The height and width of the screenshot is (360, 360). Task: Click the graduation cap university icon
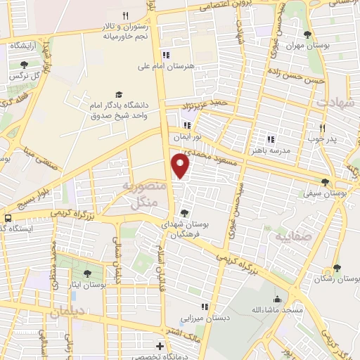coord(118,94)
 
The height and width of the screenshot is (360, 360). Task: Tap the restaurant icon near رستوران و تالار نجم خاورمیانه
coord(125,15)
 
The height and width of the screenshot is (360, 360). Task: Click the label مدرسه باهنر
coord(270,150)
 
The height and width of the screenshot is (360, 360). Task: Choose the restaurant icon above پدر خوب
coord(322,127)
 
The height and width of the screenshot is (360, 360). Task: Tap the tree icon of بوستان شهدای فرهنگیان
coord(185,212)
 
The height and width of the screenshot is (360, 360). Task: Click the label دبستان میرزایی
coord(205,318)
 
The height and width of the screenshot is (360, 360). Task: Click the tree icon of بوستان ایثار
coord(87,274)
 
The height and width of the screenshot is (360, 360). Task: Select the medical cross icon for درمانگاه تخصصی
coord(161,346)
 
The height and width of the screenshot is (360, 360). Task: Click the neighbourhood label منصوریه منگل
coord(145,195)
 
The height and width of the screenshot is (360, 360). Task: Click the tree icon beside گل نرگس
coord(25,65)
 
